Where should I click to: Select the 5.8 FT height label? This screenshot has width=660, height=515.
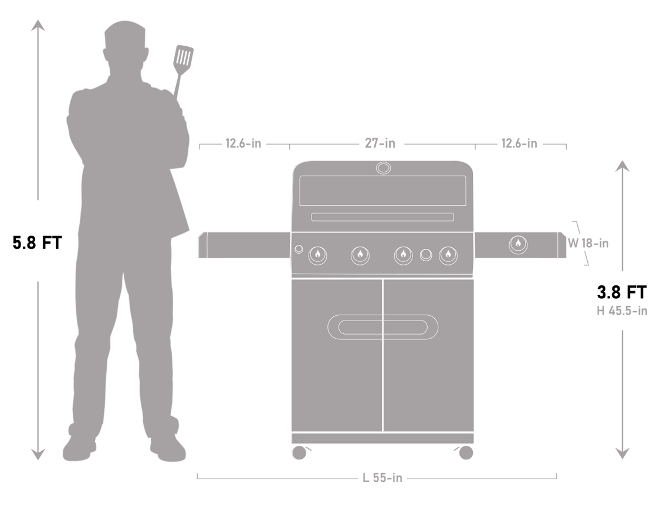[x=37, y=243]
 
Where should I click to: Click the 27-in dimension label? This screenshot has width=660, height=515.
[x=380, y=144]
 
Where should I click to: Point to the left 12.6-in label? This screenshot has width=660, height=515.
[x=243, y=144]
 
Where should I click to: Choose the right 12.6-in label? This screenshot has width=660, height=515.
[x=519, y=144]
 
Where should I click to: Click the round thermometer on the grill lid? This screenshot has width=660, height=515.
[x=383, y=168]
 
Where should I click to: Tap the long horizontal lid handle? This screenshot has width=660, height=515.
[x=383, y=217]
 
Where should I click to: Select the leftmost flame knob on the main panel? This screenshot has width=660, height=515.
[x=318, y=254]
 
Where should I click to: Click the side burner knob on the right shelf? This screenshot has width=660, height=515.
[x=518, y=244]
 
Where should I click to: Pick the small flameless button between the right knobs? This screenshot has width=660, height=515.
[x=427, y=254]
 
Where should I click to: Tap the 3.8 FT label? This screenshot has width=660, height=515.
[x=622, y=291]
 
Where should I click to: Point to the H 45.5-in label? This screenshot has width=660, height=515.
[x=622, y=311]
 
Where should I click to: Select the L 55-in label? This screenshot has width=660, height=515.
[x=383, y=478]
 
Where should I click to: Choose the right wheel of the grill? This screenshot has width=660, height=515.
[x=466, y=452]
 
